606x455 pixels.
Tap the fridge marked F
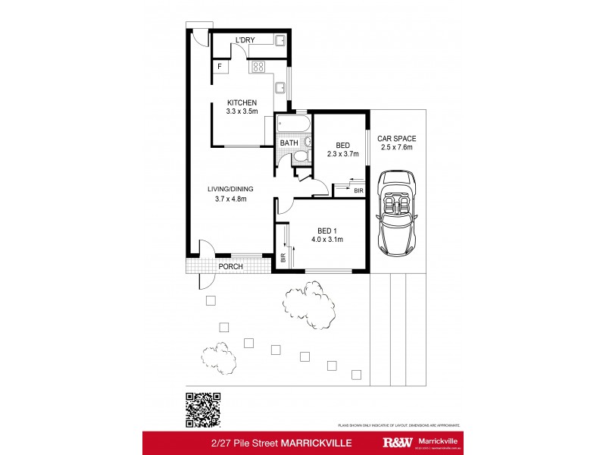pos(220,67)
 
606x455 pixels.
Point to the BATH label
pos(289,143)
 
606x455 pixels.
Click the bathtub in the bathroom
pos(293,123)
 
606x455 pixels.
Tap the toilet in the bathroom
pos(299,157)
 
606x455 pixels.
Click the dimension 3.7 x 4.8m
pos(231,199)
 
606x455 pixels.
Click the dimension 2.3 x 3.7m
pos(342,155)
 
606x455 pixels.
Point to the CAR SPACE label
pos(397,139)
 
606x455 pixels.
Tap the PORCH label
pos(231,267)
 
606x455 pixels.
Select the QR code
pos(203,410)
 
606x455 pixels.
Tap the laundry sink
pos(279,41)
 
